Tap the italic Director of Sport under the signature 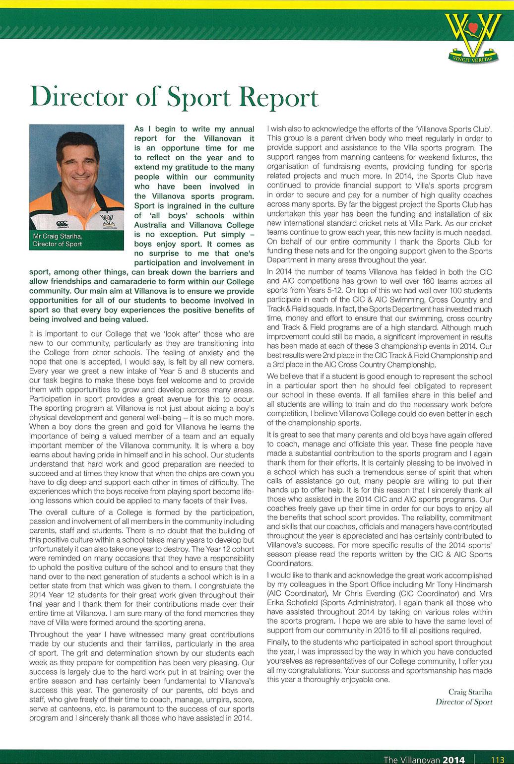click(x=463, y=701)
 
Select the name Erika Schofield click(x=291, y=603)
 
